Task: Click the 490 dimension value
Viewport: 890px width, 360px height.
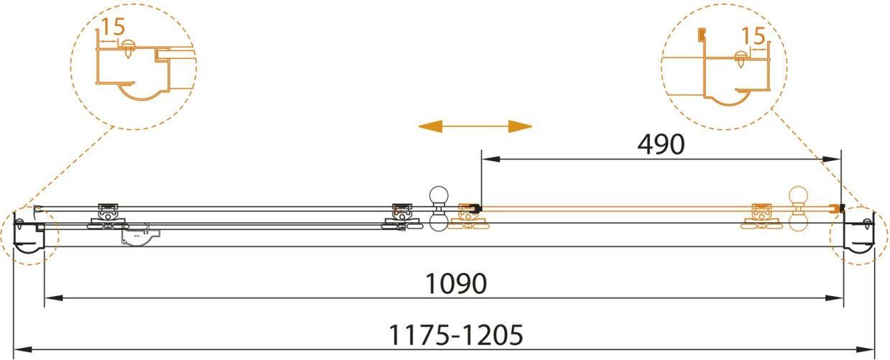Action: tap(661, 144)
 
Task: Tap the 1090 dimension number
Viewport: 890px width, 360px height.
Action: tap(456, 283)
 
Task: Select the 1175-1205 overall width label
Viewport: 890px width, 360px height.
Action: tap(456, 336)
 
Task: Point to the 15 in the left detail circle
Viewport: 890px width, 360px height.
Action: tap(114, 27)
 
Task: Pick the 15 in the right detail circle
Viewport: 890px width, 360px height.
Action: tap(753, 36)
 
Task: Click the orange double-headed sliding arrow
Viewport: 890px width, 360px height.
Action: tap(475, 126)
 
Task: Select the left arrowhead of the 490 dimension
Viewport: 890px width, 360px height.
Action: tap(490, 160)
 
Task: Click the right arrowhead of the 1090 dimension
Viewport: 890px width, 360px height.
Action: tap(835, 298)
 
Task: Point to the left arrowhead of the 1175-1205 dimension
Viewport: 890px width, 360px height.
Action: tap(23, 350)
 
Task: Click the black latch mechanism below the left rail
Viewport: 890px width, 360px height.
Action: tap(141, 236)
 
